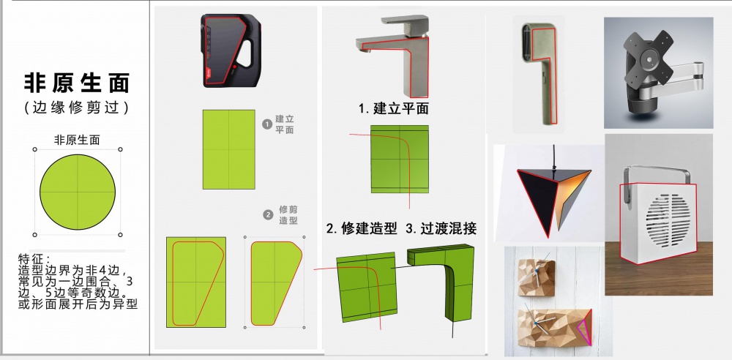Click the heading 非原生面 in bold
[77, 83]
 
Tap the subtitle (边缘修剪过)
[77, 108]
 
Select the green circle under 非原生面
[78, 192]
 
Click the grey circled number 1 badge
[267, 124]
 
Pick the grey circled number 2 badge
[268, 215]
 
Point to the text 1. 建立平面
[394, 108]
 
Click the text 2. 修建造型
[362, 228]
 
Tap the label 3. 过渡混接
[441, 228]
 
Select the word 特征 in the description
[34, 259]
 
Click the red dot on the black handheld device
[234, 67]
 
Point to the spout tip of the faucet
[359, 50]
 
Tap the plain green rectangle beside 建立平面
[228, 149]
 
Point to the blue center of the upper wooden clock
[537, 270]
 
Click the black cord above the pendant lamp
[553, 157]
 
